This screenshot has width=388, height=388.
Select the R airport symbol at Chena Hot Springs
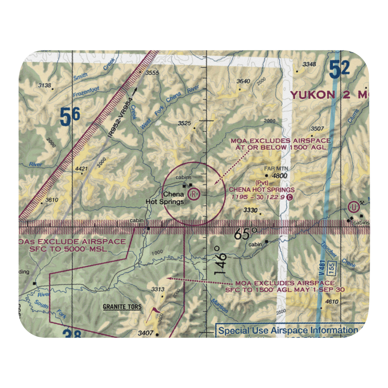click(193, 193)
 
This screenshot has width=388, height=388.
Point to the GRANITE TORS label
click(122, 307)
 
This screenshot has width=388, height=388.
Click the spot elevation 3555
click(152, 73)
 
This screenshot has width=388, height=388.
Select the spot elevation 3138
click(45, 85)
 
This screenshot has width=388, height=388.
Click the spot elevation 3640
click(243, 81)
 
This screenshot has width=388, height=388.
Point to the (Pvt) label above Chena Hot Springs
click(260, 182)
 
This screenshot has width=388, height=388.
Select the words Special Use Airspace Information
click(287, 331)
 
